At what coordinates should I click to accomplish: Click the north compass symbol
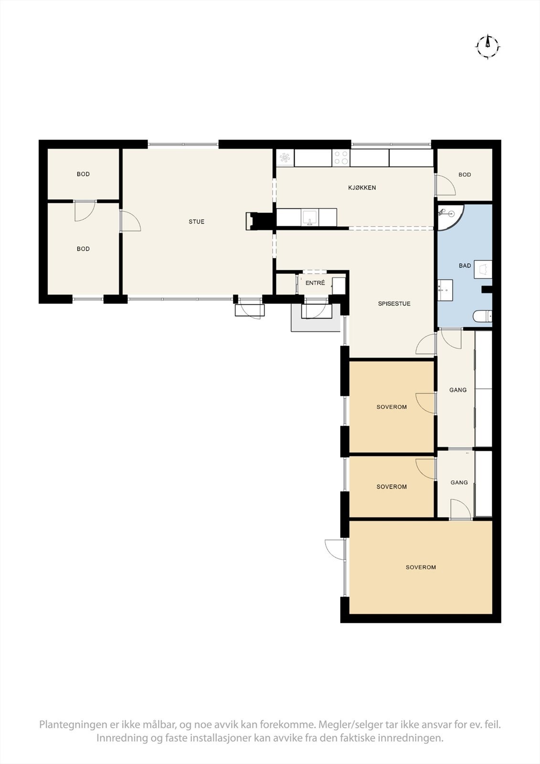[487, 47]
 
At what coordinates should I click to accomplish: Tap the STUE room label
[196, 222]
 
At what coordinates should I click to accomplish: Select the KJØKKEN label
[361, 188]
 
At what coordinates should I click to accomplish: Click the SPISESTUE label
[394, 304]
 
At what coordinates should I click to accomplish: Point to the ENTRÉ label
[315, 283]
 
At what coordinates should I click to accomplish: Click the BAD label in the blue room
[465, 266]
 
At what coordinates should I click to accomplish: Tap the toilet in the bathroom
[482, 317]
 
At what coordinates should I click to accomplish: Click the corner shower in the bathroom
[448, 216]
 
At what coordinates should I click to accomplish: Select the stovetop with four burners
[341, 158]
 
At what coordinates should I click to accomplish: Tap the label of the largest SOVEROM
[421, 567]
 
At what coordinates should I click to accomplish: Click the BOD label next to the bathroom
[465, 175]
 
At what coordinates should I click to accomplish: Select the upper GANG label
[458, 390]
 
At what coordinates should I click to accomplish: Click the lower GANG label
[459, 483]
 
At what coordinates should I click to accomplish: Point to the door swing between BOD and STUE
[130, 222]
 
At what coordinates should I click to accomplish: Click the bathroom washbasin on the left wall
[445, 290]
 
